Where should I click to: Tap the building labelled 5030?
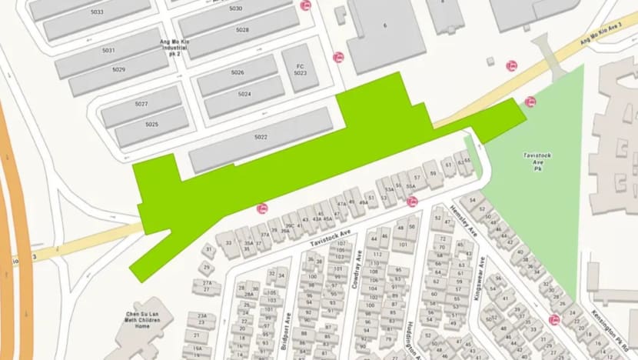coord(235,9)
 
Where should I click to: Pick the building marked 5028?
coord(242,30)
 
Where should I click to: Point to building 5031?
coord(108,51)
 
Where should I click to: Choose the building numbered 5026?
coord(238,72)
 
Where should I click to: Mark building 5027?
coord(141,104)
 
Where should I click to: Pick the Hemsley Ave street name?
coord(465,222)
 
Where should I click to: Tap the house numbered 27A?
coord(207,283)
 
